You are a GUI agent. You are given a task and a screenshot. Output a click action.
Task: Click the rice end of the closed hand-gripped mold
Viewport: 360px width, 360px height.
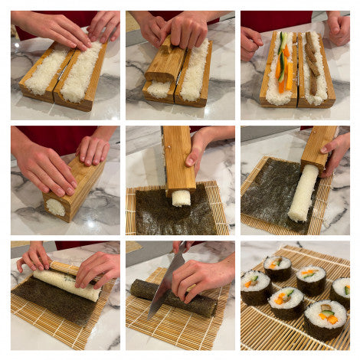point(55,207)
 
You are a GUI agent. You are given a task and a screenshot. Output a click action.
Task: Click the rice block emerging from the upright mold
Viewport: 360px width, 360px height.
point(180,198)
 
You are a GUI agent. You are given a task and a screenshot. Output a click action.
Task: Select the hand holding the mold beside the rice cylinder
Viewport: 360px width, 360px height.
point(337,146)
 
